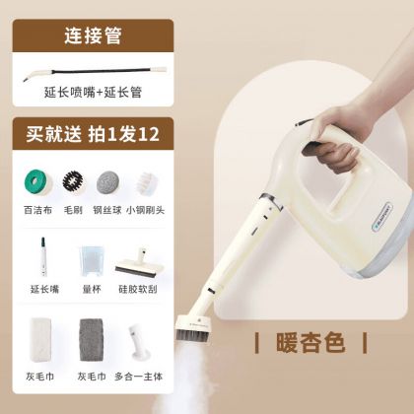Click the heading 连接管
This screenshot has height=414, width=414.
tap(93, 35)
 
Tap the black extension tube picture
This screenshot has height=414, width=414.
tap(95, 72)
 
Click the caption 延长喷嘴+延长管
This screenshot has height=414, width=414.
tap(93, 93)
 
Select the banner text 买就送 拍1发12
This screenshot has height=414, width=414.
tap(93, 134)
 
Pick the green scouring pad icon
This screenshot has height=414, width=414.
tap(37, 182)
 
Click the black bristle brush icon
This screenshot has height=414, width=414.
tap(73, 181)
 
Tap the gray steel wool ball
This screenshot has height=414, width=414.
tap(107, 182)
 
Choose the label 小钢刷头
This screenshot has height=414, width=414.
tap(145, 210)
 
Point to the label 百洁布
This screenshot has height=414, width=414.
tap(37, 210)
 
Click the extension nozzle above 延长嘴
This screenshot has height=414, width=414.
tap(43, 256)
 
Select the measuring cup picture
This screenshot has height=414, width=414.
tap(91, 261)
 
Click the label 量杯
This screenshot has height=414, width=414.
tap(92, 289)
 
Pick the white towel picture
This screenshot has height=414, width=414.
tap(40, 339)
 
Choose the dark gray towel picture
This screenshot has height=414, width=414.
tap(91, 339)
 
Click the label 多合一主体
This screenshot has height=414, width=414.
tap(138, 377)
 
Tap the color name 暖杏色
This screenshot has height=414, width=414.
tap(310, 343)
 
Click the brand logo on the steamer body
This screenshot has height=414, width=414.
tap(381, 216)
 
